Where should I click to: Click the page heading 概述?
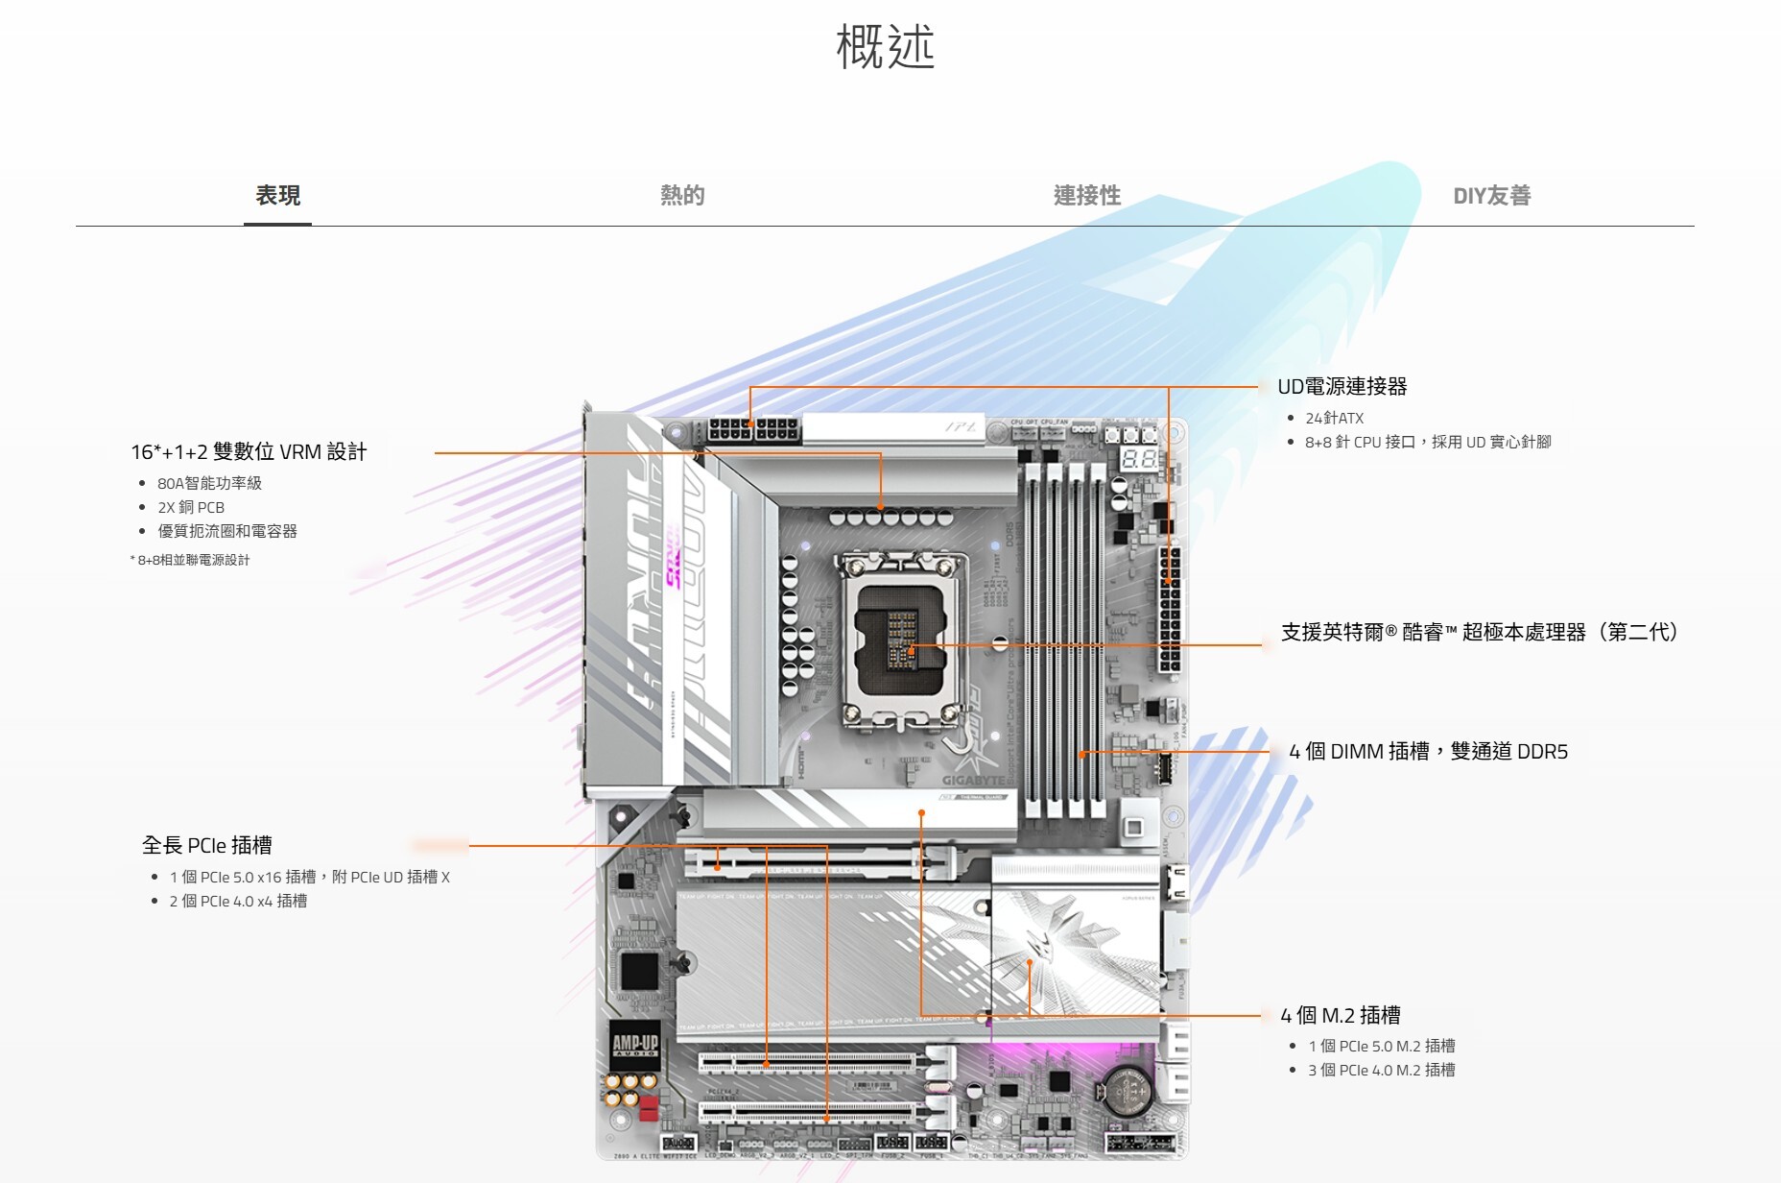(885, 47)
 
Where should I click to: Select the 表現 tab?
(277, 196)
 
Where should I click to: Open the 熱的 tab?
(682, 196)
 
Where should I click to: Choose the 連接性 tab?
(1086, 196)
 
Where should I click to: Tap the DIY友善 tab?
(1491, 196)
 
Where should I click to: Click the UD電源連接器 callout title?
(1342, 387)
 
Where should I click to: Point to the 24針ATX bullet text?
(1334, 419)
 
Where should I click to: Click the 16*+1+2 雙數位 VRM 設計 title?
(249, 452)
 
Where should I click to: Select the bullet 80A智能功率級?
(209, 483)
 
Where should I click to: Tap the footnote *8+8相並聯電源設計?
(190, 560)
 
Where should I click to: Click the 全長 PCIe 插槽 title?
(207, 846)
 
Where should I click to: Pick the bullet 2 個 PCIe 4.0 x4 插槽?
(238, 901)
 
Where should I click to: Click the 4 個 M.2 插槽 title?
(1340, 1015)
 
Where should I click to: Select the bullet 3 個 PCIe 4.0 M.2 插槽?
(1381, 1070)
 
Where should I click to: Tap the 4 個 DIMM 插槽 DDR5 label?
(1428, 752)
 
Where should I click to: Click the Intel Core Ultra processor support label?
(1479, 633)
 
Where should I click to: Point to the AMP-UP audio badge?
(635, 1045)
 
